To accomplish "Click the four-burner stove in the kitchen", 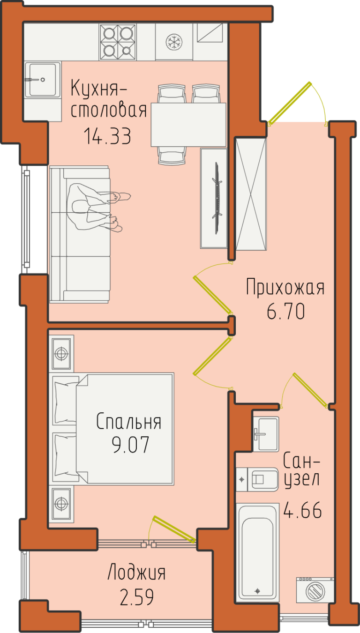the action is [118, 42].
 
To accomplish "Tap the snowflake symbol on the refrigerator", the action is [173, 42].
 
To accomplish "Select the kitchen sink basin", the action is [42, 80].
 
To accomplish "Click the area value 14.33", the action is [107, 136].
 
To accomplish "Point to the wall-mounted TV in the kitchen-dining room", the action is [217, 198].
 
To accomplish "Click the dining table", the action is [188, 125].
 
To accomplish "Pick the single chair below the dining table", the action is [172, 156].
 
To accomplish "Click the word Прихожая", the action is [285, 287].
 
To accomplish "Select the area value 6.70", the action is [285, 311].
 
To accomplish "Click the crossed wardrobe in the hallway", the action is [251, 194].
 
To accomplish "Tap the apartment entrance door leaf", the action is [289, 104].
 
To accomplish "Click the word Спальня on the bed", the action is [129, 422].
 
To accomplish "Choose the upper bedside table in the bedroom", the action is [61, 354].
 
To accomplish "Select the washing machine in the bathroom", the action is [315, 591].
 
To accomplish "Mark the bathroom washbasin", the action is [265, 434].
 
